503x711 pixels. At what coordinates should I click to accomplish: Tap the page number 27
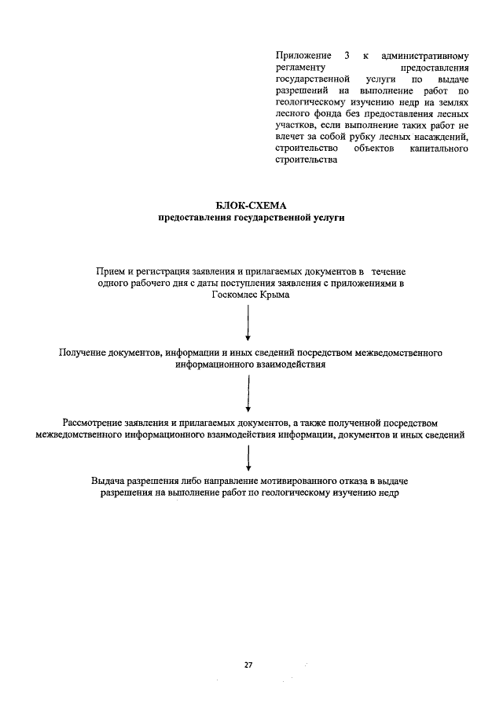coord(248,665)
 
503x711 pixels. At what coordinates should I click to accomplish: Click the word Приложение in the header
coord(302,57)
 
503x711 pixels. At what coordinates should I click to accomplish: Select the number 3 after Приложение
coord(345,57)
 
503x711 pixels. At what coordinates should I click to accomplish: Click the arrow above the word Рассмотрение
coord(248,392)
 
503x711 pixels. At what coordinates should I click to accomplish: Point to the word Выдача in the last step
coord(106,480)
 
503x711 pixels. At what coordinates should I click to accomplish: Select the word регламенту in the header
coord(301,68)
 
